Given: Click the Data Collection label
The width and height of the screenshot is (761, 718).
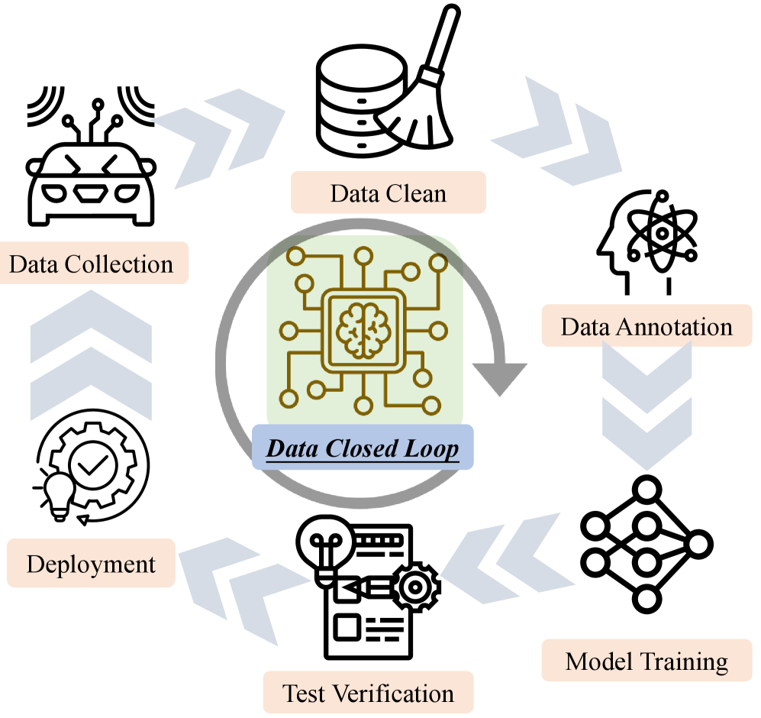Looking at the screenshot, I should click(x=92, y=264).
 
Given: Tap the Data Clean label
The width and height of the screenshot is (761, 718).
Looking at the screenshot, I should click(x=388, y=192).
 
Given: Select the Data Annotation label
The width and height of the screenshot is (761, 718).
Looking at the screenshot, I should click(x=646, y=327).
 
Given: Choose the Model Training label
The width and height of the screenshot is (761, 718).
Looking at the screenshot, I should click(x=646, y=660).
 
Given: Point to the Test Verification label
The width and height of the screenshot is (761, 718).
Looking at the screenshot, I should click(x=368, y=693).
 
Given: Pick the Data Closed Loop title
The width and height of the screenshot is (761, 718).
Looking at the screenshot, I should click(x=363, y=447).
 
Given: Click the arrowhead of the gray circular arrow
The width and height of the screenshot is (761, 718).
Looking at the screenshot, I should click(x=500, y=377).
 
